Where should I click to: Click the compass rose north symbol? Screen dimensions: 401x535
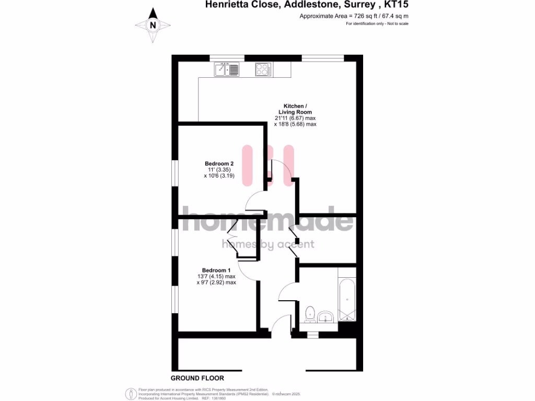pyautogui.click(x=153, y=25)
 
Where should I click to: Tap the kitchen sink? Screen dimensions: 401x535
pyautogui.click(x=226, y=69)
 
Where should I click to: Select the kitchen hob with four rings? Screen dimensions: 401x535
pyautogui.click(x=262, y=69)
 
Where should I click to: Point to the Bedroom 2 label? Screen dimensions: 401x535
pyautogui.click(x=219, y=164)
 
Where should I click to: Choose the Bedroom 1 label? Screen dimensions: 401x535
pyautogui.click(x=216, y=270)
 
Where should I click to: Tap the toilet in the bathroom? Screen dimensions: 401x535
pyautogui.click(x=309, y=314)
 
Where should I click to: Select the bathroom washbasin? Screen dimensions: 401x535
pyautogui.click(x=326, y=316)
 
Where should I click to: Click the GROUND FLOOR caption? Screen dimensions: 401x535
pyautogui.click(x=197, y=378)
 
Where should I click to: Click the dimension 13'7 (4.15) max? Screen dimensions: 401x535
pyautogui.click(x=216, y=277)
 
